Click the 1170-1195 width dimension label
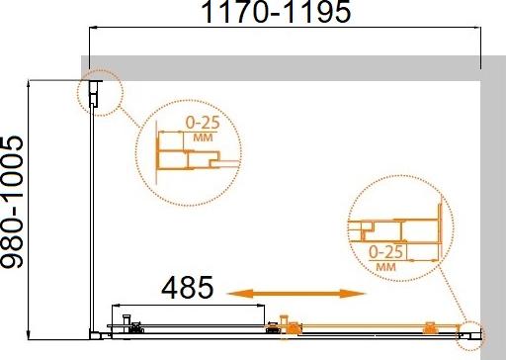tap(277, 12)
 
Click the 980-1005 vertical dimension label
tap(12, 202)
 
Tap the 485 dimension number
tap(188, 288)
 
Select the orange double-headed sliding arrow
tap(296, 294)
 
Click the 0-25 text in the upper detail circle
tap(203, 123)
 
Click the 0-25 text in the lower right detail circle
tap(385, 252)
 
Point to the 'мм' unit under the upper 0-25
tap(203, 137)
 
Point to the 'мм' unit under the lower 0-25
tap(385, 266)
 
